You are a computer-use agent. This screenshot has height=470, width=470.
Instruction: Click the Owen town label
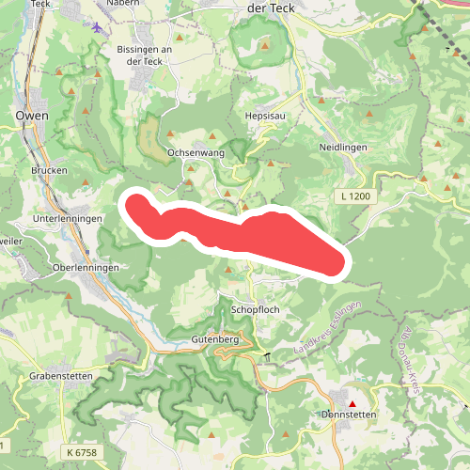tap(32, 116)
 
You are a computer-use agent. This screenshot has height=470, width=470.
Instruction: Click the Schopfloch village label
tap(255, 309)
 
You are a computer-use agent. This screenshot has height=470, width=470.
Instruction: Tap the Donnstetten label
tap(348, 415)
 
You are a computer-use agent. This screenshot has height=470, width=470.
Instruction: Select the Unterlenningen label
tap(67, 218)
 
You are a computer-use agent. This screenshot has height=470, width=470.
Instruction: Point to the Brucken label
tap(49, 171)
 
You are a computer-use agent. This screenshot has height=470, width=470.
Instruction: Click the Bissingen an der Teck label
tap(146, 55)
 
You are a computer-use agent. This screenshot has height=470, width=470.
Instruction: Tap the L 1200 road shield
tap(357, 196)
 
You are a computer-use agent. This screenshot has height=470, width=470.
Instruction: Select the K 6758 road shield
tap(82, 453)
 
